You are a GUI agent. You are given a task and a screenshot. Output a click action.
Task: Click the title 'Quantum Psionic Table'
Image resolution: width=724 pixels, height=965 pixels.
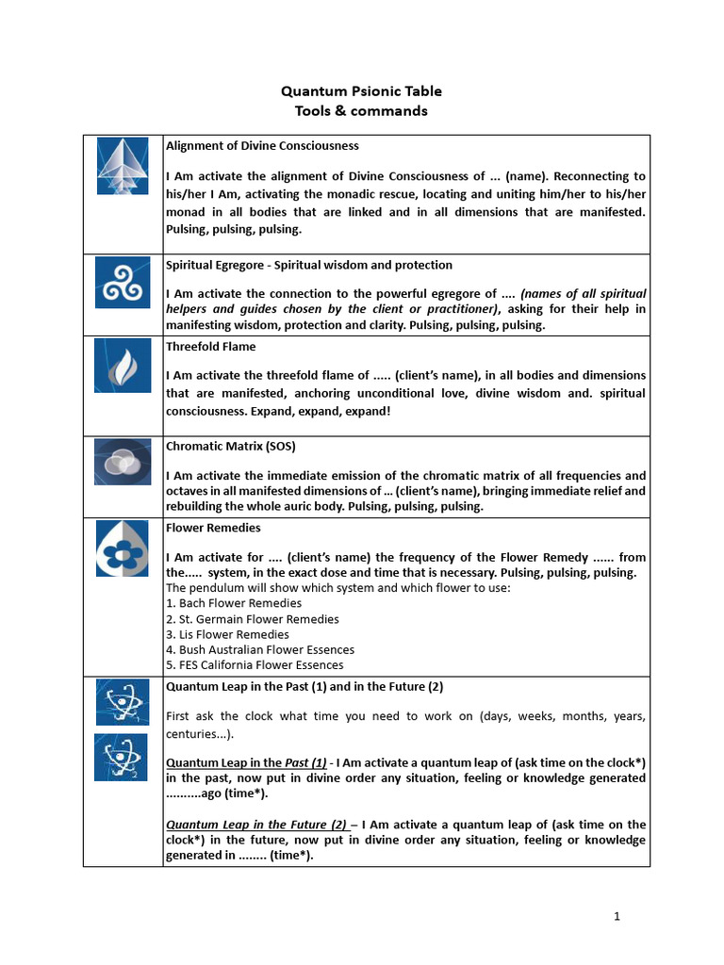point(361,91)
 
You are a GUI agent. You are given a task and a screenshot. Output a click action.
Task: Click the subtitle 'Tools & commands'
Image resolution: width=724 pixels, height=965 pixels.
point(361,111)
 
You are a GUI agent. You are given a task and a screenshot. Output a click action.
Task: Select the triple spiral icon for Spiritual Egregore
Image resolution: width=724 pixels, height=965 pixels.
point(123,282)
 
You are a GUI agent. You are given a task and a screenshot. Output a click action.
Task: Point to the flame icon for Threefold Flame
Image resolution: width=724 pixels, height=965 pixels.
point(123,367)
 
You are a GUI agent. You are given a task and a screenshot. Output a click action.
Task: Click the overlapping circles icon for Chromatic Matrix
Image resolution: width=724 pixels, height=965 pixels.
point(123,462)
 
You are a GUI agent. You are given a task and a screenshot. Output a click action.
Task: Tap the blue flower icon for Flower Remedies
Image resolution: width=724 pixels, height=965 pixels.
point(123,548)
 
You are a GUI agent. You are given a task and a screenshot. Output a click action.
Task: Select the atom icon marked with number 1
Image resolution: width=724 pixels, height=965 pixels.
point(121,703)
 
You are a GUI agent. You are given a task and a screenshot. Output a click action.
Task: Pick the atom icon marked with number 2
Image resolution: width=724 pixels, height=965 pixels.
point(121,757)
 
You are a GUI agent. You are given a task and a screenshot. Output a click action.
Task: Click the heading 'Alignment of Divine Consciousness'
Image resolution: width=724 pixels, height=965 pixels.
point(262,146)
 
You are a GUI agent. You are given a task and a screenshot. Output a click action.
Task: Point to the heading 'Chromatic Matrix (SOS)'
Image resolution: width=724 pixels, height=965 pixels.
point(231,446)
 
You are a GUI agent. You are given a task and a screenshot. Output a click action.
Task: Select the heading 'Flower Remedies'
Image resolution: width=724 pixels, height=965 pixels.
point(213,528)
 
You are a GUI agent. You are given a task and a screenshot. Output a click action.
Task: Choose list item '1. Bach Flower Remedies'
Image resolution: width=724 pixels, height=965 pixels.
point(234,603)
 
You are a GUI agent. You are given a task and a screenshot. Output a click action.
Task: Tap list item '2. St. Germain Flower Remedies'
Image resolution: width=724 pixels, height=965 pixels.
point(252,619)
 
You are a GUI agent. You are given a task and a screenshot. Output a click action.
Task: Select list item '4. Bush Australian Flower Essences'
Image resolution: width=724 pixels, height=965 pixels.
point(260,649)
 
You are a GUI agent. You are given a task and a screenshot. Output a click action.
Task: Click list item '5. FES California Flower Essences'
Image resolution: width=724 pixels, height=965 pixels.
point(255,664)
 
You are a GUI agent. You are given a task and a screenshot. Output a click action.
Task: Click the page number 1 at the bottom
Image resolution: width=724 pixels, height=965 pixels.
point(617,915)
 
